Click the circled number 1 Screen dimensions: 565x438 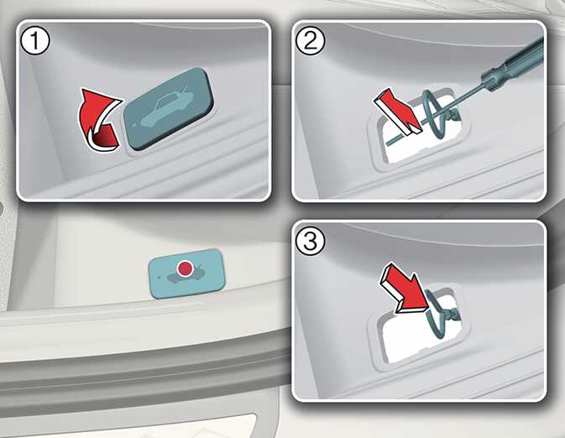click(x=35, y=41)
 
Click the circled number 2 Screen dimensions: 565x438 click(x=310, y=41)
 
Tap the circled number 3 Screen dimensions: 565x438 click(x=310, y=242)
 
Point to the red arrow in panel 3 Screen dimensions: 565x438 click(x=405, y=287)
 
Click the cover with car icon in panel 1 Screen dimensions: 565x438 click(x=168, y=109)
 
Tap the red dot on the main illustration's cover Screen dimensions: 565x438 click(x=186, y=269)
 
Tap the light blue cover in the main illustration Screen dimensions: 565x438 click(x=186, y=273)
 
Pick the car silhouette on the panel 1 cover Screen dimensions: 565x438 click(x=166, y=108)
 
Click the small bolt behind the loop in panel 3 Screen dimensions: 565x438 click(x=453, y=315)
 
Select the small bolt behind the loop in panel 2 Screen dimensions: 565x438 click(x=453, y=116)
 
